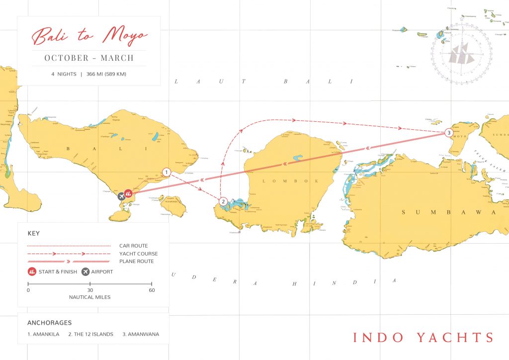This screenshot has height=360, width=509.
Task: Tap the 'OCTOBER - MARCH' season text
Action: click(x=89, y=58)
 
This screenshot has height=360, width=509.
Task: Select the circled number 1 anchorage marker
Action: click(x=167, y=172)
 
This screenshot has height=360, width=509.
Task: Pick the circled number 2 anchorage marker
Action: click(x=223, y=201)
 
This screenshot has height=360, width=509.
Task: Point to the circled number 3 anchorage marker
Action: click(x=449, y=133)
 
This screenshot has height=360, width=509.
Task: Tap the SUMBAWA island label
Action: click(x=448, y=213)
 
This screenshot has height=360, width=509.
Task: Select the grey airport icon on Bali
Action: click(x=121, y=195)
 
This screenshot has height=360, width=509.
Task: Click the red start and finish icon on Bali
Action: click(x=128, y=193)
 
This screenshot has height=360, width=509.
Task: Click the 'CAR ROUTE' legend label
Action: click(x=134, y=246)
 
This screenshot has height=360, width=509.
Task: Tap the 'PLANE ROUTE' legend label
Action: click(x=137, y=261)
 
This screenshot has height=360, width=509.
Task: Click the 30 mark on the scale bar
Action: click(x=90, y=290)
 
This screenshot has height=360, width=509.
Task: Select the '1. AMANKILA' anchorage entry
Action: click(x=43, y=334)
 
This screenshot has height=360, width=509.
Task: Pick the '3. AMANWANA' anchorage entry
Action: click(x=141, y=334)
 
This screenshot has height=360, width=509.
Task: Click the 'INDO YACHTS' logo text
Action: click(x=423, y=337)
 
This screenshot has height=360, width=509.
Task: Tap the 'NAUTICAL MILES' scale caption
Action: click(x=90, y=297)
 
